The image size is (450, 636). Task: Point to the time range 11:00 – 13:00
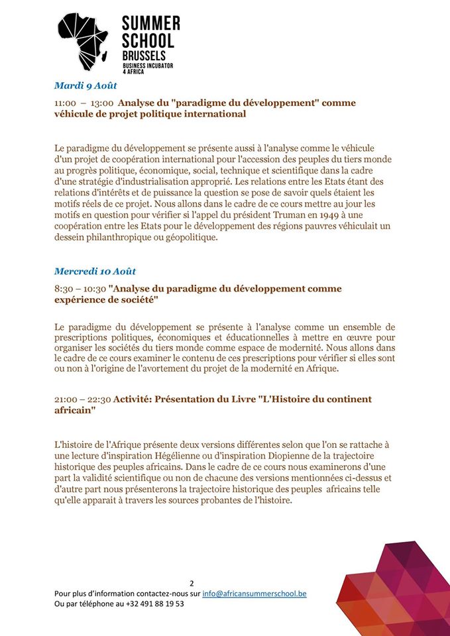(x=84, y=103)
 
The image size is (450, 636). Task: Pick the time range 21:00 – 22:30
(x=82, y=399)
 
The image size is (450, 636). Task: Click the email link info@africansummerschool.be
(x=254, y=594)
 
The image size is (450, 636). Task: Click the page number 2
(x=192, y=584)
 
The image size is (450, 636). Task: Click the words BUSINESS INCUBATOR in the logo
(x=150, y=67)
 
